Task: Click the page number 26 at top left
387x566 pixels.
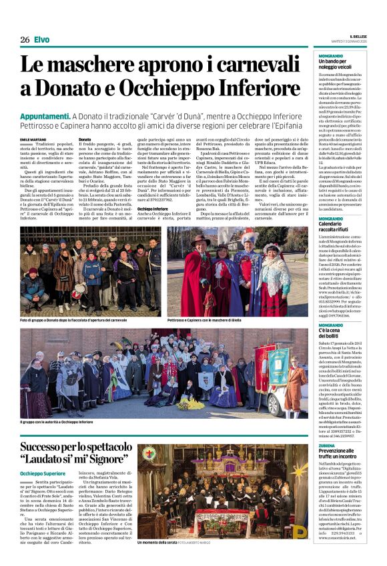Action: (24, 40)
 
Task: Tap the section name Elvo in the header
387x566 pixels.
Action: (41, 40)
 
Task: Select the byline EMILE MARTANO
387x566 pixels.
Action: (34, 139)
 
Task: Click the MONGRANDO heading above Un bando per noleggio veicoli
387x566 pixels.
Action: (331, 55)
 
